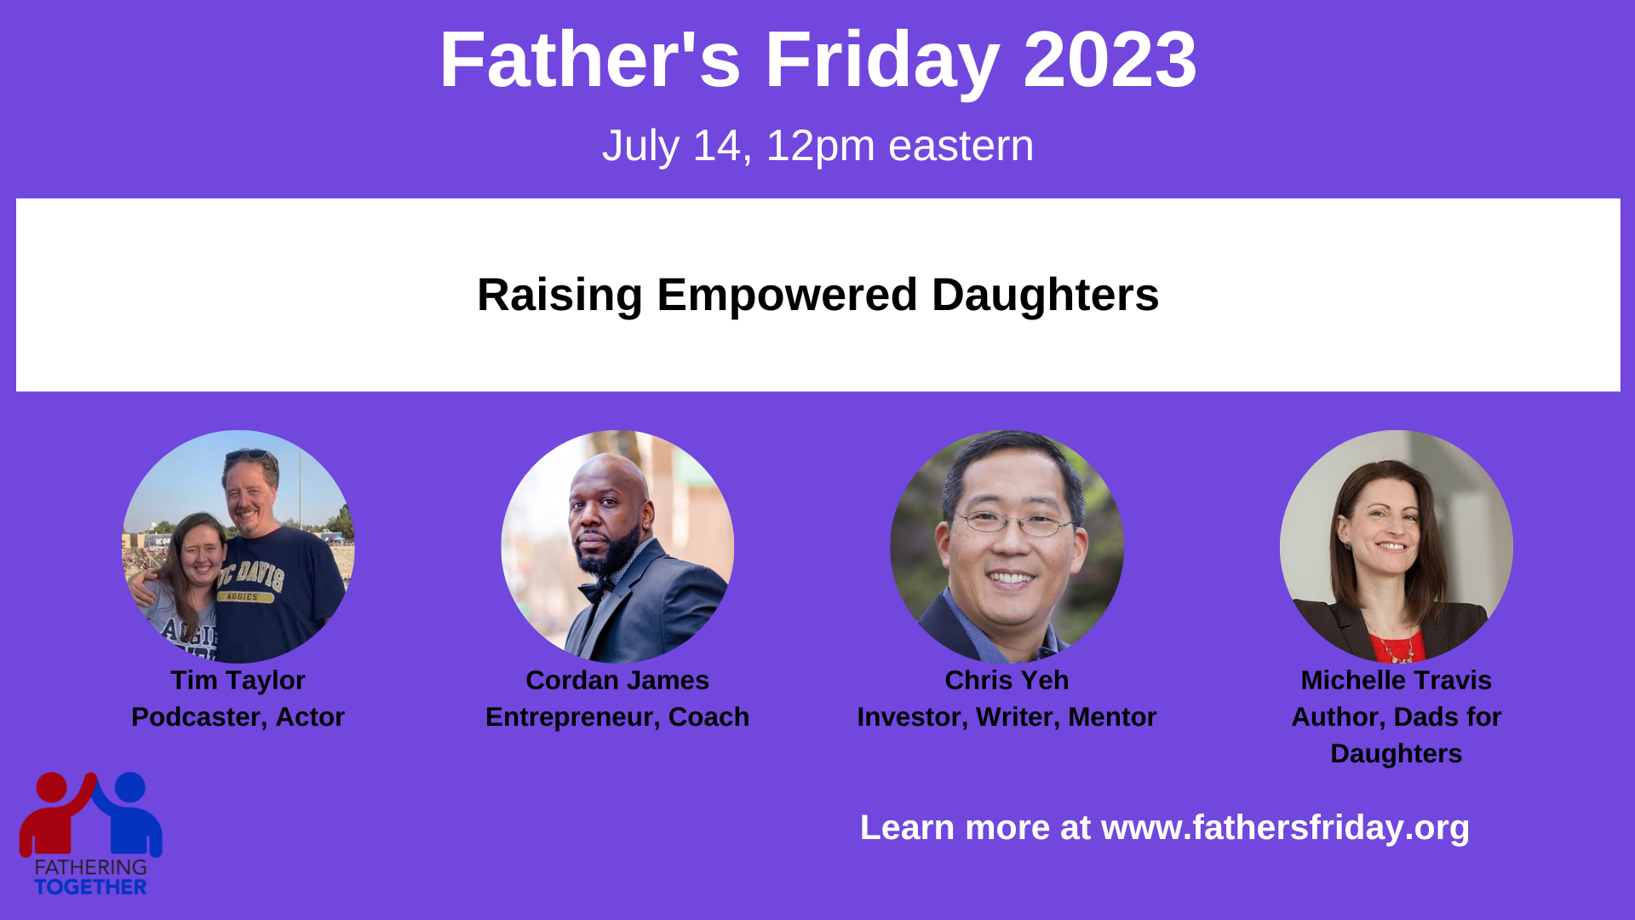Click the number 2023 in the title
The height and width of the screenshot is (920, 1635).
click(x=1110, y=60)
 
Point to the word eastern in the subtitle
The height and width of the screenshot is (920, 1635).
click(x=961, y=146)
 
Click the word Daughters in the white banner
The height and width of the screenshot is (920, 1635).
click(x=1045, y=296)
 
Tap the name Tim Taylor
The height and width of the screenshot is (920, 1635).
click(x=238, y=681)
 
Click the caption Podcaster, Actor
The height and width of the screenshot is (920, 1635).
click(x=238, y=717)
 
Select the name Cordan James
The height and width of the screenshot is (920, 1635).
click(x=617, y=681)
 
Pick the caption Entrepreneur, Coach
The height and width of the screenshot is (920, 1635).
click(x=617, y=717)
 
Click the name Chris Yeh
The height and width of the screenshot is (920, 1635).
click(x=1007, y=681)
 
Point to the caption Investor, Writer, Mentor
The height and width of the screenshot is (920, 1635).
click(x=1007, y=717)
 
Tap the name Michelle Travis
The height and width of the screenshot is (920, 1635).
click(x=1397, y=681)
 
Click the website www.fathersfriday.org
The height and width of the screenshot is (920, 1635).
click(x=1286, y=828)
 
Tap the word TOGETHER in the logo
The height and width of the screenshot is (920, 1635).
click(x=90, y=887)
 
